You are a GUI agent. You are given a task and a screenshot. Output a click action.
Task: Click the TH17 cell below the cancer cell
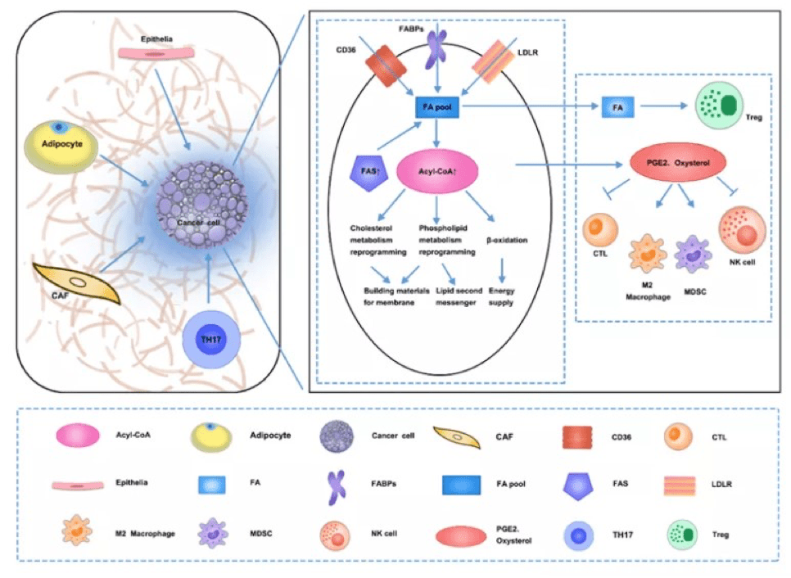coord(211,340)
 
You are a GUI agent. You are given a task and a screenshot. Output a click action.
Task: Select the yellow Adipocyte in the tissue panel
coord(61,147)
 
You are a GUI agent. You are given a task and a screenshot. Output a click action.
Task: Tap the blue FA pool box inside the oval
coord(437,107)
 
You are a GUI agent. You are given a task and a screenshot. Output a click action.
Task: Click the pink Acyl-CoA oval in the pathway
coord(437,171)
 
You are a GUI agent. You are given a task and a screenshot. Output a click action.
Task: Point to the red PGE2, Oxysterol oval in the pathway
coord(678,163)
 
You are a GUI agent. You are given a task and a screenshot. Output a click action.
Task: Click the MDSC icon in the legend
coord(214,533)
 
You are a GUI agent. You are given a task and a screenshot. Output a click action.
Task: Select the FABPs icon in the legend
coord(337,486)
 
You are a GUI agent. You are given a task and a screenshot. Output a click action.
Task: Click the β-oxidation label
coord(507,240)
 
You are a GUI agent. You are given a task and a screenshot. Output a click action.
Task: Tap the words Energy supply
coord(501,296)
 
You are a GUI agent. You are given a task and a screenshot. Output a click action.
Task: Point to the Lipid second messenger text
coord(459,296)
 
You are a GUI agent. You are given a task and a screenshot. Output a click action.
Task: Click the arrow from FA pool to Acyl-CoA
coord(437,133)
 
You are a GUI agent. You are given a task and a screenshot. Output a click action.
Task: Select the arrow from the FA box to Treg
coord(664,106)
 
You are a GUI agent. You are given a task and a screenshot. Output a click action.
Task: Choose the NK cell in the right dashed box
coord(742,229)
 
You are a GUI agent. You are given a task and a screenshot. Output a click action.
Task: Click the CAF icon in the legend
coord(457,438)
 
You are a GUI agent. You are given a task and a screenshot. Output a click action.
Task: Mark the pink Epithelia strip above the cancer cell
coord(156,53)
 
